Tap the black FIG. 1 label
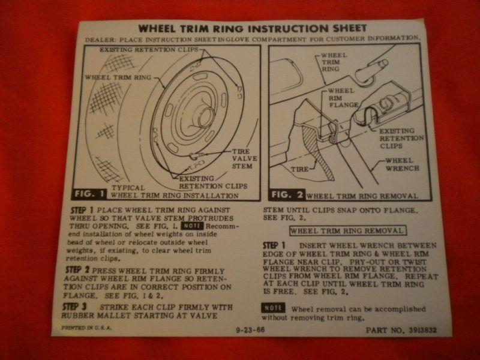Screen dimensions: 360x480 (x=92, y=193)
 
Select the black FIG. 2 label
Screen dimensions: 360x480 (x=286, y=194)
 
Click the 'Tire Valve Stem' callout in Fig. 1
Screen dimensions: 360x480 (x=242, y=158)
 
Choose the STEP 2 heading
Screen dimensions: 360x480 (x=78, y=271)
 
